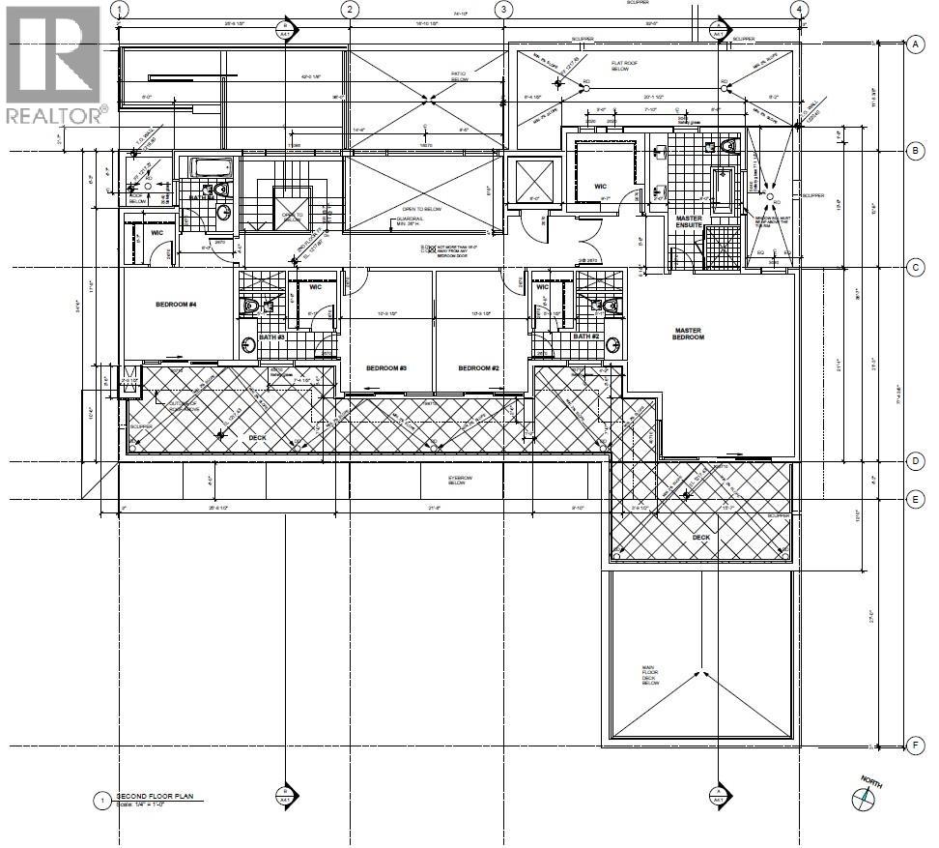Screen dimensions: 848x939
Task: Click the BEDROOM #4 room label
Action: pyautogui.click(x=176, y=305)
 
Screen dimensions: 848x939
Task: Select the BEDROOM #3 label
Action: pyautogui.click(x=386, y=368)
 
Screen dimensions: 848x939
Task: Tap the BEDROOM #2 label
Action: pyautogui.click(x=478, y=368)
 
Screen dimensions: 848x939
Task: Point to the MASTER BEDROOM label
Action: pyautogui.click(x=689, y=334)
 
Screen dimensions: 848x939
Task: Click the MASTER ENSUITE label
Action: pyautogui.click(x=689, y=222)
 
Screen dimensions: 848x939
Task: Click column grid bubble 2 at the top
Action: pyautogui.click(x=351, y=9)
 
